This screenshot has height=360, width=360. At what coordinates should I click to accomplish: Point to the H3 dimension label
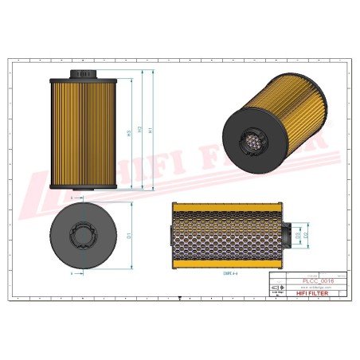[129, 132]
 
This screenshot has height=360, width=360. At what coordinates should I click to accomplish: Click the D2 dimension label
[307, 236]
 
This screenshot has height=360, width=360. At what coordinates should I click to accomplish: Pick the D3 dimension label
[298, 236]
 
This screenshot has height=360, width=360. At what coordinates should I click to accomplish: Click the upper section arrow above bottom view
[76, 196]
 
